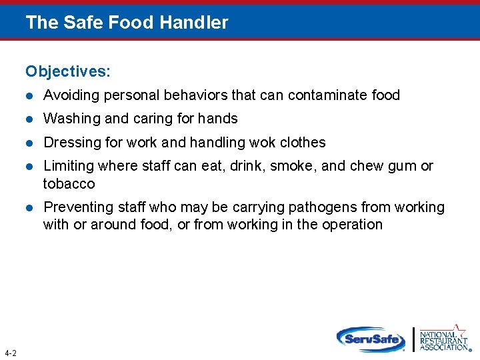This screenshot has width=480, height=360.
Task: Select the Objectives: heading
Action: click(68, 71)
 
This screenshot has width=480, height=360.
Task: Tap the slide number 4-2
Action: click(11, 353)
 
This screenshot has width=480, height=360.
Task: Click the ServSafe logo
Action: click(371, 339)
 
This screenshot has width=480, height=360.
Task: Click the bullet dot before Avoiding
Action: click(29, 96)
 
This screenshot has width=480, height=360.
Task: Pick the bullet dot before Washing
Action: click(29, 119)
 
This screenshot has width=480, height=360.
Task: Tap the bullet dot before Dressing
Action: click(29, 143)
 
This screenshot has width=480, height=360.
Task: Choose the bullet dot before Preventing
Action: click(29, 208)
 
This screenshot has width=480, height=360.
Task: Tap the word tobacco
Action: click(69, 183)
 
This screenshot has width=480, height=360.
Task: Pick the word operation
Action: click(351, 225)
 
